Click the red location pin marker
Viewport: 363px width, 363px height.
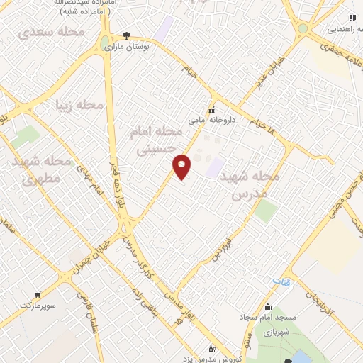pyautogui.click(x=183, y=166)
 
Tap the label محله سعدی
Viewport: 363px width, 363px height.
pyautogui.click(x=51, y=33)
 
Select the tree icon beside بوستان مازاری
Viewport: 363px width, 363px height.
pyautogui.click(x=126, y=34)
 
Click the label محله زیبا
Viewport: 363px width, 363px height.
pyautogui.click(x=80, y=106)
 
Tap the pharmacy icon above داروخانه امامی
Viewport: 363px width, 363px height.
pyautogui.click(x=211, y=110)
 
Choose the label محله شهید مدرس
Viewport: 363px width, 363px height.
pyautogui.click(x=256, y=184)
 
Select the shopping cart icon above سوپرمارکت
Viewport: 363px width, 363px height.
pyautogui.click(x=38, y=292)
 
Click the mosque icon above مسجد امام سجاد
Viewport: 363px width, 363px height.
pyautogui.click(x=267, y=306)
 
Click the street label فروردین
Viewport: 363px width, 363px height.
pyautogui.click(x=233, y=240)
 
